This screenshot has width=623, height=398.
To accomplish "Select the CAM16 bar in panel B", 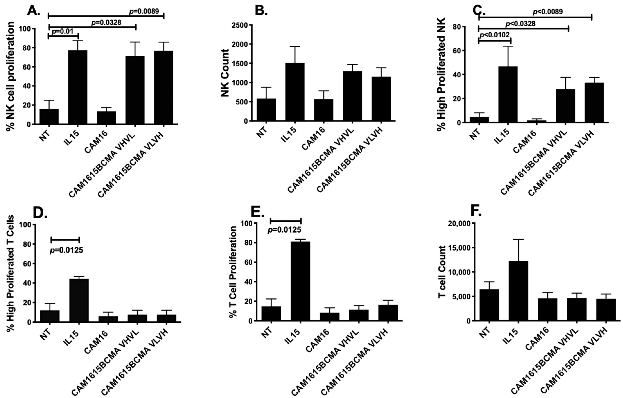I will click(x=324, y=110).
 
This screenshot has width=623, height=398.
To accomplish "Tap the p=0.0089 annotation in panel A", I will click(x=144, y=11).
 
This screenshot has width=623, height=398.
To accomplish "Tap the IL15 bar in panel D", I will click(x=79, y=300).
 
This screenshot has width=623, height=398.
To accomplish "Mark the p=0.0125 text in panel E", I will click(x=284, y=230).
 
